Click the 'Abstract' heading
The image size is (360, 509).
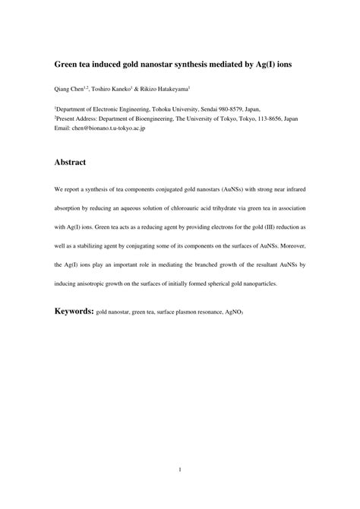pos(70,162)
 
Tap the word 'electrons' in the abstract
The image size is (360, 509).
pos(204,226)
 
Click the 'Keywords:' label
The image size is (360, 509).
pos(74,311)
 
